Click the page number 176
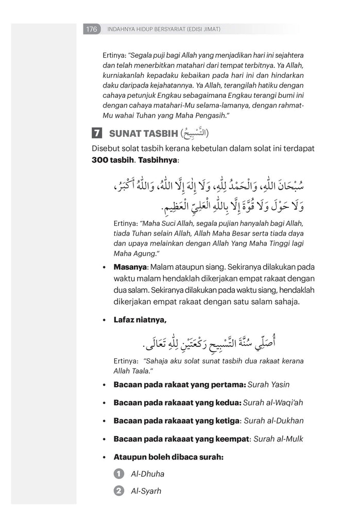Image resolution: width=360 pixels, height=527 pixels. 92,29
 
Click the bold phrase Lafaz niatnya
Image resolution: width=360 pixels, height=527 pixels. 140,320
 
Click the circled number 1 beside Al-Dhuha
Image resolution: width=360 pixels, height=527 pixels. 119,473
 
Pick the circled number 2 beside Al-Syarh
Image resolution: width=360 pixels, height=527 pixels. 119,491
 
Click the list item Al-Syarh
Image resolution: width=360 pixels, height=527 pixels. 146,491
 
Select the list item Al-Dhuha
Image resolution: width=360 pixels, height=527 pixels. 148,473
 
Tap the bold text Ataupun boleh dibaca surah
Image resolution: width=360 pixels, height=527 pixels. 168,456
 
